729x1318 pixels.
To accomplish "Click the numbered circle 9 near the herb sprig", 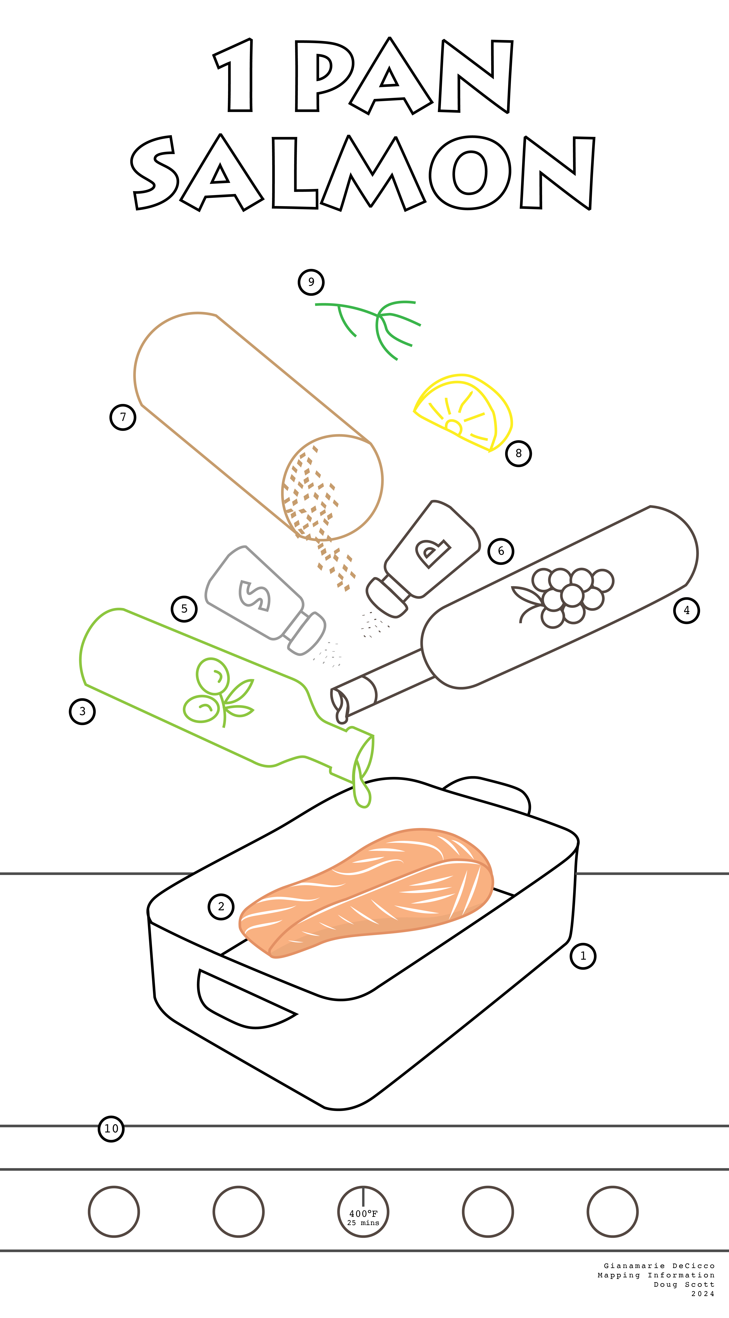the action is pyautogui.click(x=311, y=282).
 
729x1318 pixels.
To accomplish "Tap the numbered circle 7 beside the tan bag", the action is pyautogui.click(x=123, y=417).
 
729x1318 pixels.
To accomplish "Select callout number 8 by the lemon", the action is pyautogui.click(x=519, y=453).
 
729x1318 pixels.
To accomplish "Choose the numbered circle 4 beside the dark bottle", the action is pyautogui.click(x=687, y=610).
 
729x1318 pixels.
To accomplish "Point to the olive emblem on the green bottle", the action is pyautogui.click(x=217, y=692).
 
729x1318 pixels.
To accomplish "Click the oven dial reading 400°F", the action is pyautogui.click(x=363, y=1212).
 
